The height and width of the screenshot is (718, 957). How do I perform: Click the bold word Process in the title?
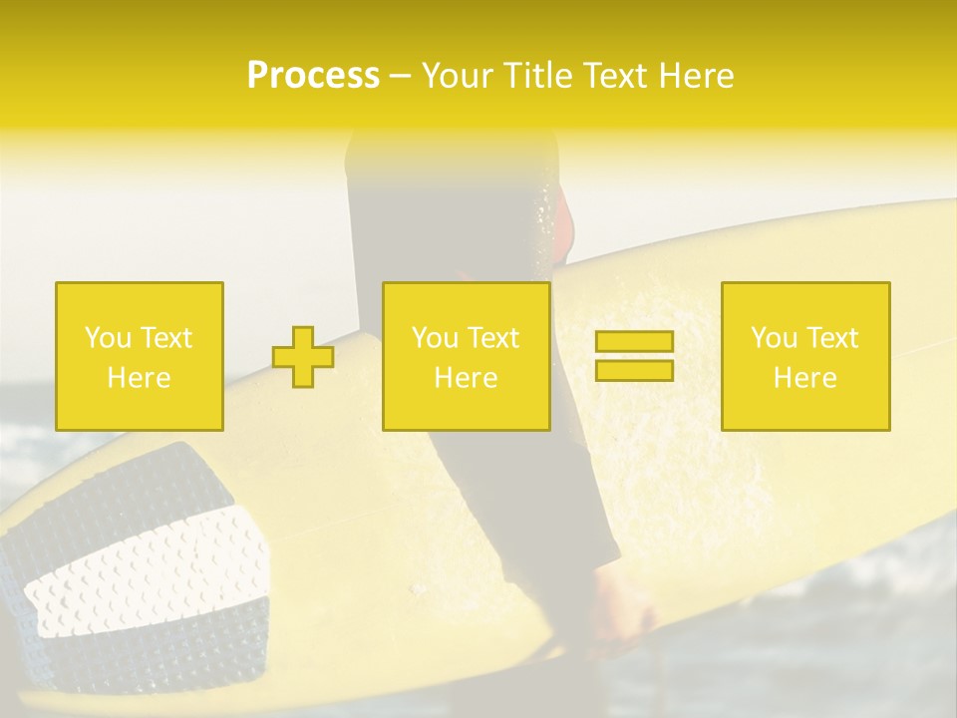(x=313, y=76)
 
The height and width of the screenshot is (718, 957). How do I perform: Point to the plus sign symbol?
(x=303, y=357)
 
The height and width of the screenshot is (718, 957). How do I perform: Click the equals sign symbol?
(x=634, y=356)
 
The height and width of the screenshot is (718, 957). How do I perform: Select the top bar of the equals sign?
(x=634, y=342)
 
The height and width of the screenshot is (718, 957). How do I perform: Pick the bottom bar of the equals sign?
(x=634, y=370)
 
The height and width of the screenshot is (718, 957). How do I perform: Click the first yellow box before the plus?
(x=139, y=356)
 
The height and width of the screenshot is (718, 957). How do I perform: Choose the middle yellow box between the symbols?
(x=466, y=356)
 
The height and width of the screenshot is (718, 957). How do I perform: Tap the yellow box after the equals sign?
(x=804, y=356)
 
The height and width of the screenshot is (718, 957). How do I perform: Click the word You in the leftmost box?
(x=108, y=338)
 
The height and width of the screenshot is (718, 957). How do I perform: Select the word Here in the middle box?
(x=466, y=378)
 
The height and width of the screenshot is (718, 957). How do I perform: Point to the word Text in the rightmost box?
(x=832, y=338)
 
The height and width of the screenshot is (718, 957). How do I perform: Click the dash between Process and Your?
(x=401, y=77)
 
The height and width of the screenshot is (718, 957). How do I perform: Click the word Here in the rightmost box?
(x=804, y=378)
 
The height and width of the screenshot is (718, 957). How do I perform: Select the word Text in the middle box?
(x=493, y=338)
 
